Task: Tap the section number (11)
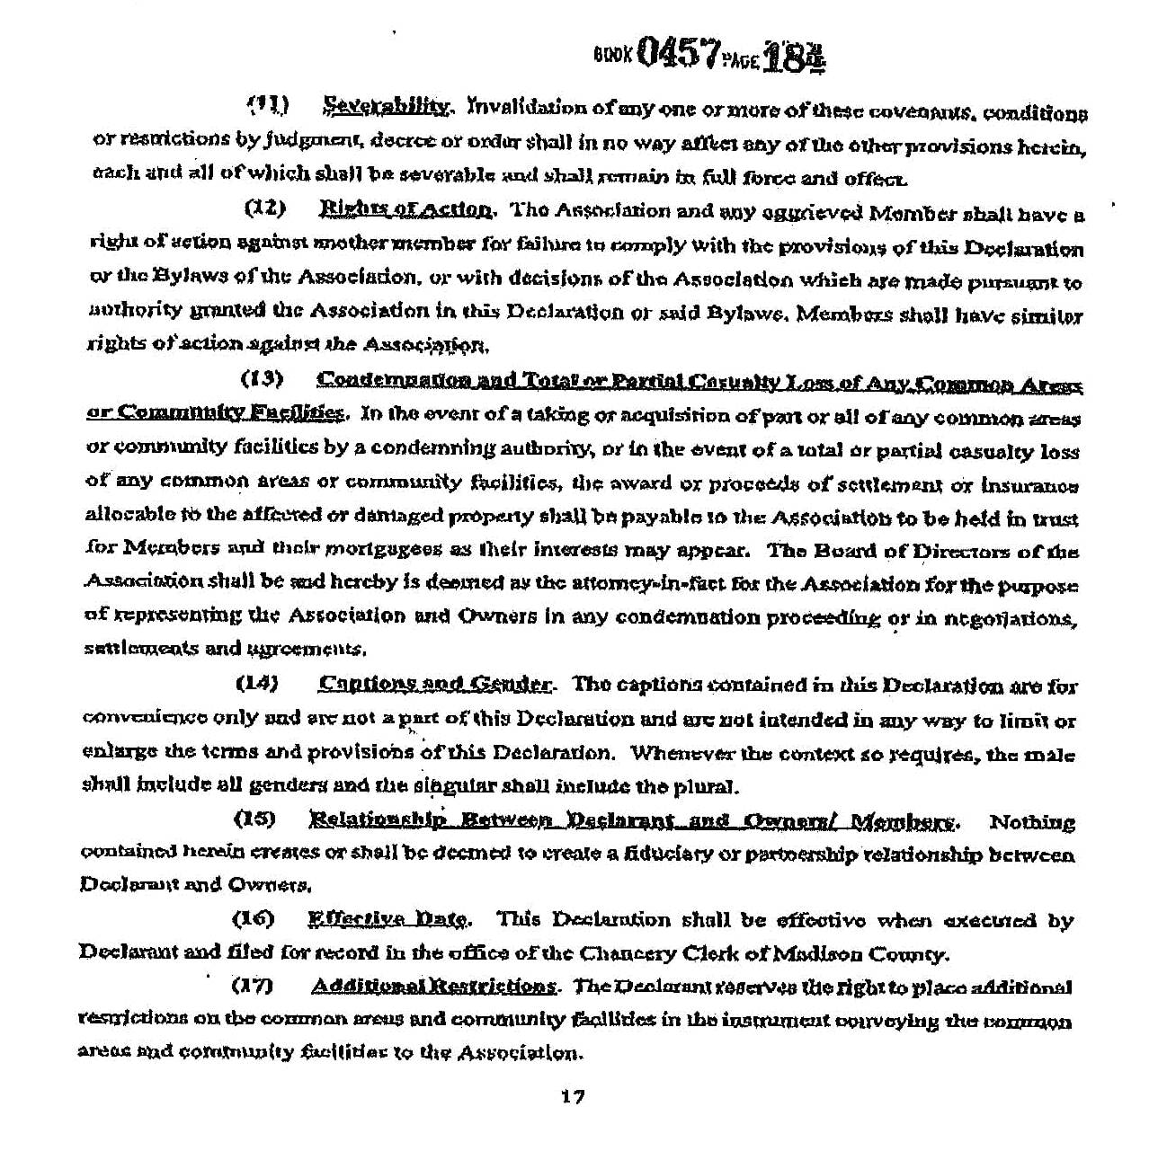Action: click(267, 106)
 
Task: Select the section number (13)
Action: click(263, 379)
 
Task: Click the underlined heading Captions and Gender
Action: click(435, 685)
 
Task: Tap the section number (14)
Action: click(257, 684)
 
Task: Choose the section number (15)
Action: click(254, 819)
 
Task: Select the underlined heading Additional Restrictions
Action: click(433, 987)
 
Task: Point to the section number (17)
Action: click(253, 987)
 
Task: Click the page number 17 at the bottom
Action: click(573, 1097)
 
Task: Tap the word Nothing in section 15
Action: click(1031, 822)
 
